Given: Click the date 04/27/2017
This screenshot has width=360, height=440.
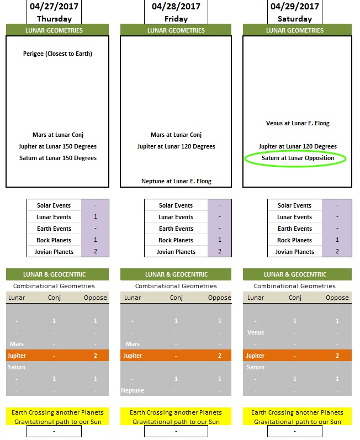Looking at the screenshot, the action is [54, 7].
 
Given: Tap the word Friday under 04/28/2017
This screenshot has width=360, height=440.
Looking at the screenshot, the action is [176, 19].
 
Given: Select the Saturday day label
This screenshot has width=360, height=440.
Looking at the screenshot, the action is [295, 19].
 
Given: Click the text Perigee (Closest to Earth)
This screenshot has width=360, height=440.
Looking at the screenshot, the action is [57, 54].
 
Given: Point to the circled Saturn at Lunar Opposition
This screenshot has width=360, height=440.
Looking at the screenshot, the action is [298, 158].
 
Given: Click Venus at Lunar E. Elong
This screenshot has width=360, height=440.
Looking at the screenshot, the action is [298, 123].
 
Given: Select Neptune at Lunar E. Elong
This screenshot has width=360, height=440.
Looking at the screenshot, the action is [176, 181].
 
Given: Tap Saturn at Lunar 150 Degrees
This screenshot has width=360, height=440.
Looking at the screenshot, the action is [58, 158].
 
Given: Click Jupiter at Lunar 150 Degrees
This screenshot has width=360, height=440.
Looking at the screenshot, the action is [57, 146].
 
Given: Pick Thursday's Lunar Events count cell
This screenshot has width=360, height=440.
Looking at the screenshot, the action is [96, 216].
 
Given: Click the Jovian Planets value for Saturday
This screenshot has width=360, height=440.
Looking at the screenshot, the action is [337, 251].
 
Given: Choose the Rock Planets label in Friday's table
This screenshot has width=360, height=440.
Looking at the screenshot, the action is [176, 240].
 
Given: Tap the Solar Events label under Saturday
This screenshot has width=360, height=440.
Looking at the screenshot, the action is [295, 205].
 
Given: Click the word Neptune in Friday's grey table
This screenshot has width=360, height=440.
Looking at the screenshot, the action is [133, 390].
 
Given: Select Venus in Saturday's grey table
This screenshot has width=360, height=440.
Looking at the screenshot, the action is [256, 332].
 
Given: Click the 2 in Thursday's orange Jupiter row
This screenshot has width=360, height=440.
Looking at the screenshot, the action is [96, 356].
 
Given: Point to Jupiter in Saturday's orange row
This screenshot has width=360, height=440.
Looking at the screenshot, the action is [255, 356].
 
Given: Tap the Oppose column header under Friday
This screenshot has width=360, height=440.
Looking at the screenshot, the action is [219, 298].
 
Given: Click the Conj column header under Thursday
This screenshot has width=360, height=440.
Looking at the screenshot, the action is [54, 298].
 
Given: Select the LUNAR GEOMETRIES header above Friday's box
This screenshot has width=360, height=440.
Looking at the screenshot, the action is [176, 30].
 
